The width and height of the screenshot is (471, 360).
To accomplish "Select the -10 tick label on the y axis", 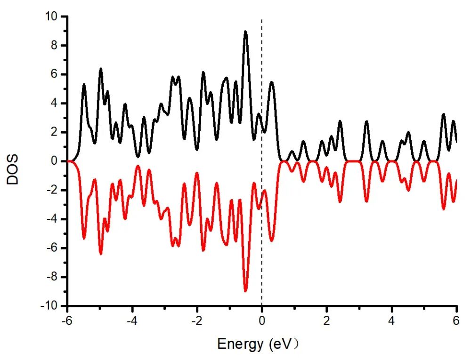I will coord(51,306).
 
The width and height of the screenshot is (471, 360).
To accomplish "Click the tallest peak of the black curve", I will coord(245,32).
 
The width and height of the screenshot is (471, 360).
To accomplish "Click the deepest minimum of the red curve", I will coord(245,291).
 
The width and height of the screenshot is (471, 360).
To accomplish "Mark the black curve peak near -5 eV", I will coord(101,69).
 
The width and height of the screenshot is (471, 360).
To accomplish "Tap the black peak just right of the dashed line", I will coord(272,82).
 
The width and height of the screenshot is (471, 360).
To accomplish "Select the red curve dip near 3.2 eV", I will coord(366,201).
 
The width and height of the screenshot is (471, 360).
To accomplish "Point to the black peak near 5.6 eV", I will coord(443,114).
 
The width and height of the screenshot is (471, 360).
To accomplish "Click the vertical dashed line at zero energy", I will coord(262,94).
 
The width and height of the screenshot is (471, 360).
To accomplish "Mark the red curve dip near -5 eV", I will coord(101,254).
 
